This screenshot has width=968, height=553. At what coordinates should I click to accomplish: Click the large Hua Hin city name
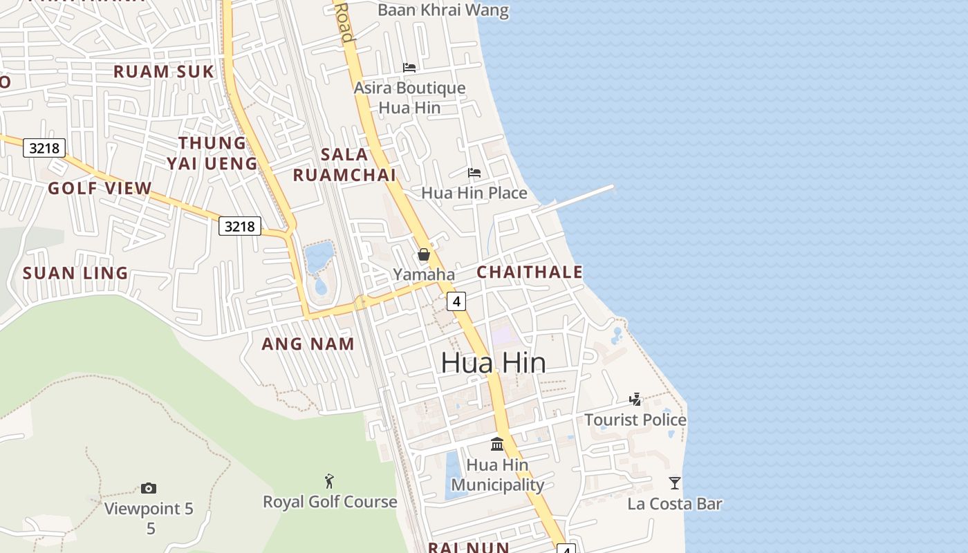[x=493, y=363]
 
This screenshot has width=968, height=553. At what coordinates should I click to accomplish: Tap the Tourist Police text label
[x=635, y=420]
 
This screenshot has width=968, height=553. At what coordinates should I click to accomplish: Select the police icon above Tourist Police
[x=635, y=400]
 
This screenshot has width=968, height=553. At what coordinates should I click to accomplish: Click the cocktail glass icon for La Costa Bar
[x=675, y=483]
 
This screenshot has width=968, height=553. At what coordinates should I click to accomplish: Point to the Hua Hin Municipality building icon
[x=497, y=444]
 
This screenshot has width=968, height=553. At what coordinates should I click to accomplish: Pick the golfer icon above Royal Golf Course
[x=330, y=480]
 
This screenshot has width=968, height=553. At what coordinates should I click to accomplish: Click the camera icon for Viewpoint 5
[x=149, y=489]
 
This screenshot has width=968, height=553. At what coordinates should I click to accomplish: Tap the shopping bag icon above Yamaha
[x=424, y=254]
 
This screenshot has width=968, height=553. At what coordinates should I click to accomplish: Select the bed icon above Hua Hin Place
[x=474, y=173]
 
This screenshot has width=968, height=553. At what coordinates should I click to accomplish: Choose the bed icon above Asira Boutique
[x=409, y=68]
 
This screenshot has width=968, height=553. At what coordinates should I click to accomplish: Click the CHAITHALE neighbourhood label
[x=530, y=272]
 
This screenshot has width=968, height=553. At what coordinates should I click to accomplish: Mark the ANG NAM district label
[x=308, y=344]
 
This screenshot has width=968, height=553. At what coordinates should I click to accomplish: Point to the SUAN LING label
[x=75, y=273]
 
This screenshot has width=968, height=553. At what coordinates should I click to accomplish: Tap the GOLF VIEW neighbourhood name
[x=100, y=188]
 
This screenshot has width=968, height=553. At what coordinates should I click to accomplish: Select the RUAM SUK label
[x=164, y=71]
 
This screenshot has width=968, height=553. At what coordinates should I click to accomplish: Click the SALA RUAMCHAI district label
[x=344, y=165]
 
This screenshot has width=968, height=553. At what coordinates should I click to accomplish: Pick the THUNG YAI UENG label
[x=212, y=153]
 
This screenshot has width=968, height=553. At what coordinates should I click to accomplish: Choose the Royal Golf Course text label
[x=330, y=502]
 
